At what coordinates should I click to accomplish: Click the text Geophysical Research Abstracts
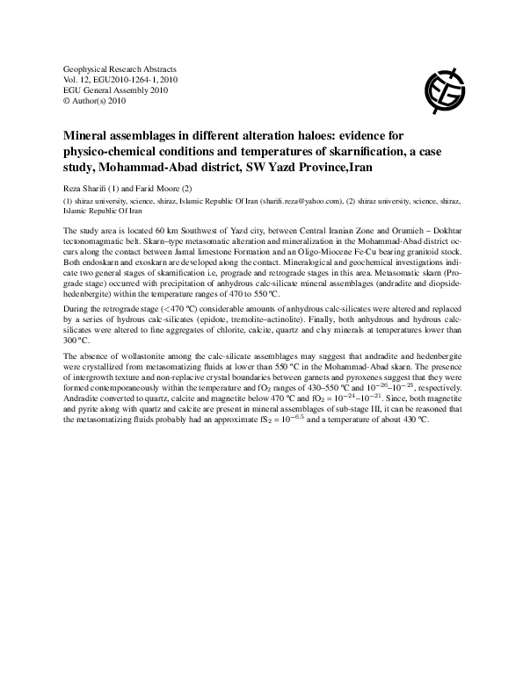click(120, 68)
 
